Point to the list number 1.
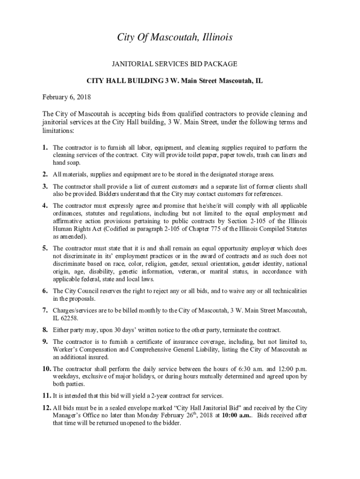[45, 147]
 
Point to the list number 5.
[45, 248]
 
